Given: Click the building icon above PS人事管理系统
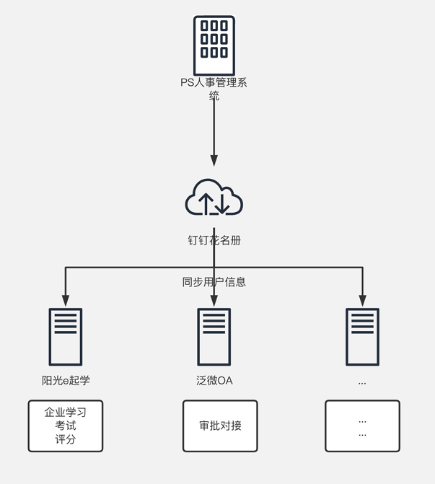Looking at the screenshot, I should pyautogui.click(x=214, y=45).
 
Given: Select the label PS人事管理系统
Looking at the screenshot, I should pyautogui.click(x=214, y=89).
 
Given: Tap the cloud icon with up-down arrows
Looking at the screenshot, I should pyautogui.click(x=214, y=198).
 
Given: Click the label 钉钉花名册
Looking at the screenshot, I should pyautogui.click(x=214, y=240).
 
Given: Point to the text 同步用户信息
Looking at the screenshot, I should pyautogui.click(x=214, y=282).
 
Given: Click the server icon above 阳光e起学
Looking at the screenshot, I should pyautogui.click(x=66, y=337).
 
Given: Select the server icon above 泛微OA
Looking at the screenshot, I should pyautogui.click(x=214, y=337).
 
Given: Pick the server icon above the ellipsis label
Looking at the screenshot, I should pyautogui.click(x=362, y=337).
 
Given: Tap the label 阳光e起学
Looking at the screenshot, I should pyautogui.click(x=66, y=380).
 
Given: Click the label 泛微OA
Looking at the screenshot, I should pyautogui.click(x=214, y=380).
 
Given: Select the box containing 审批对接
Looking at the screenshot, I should pyautogui.click(x=220, y=426).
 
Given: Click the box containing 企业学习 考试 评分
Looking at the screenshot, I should pyautogui.click(x=66, y=426).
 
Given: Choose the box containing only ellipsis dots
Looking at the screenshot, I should pyautogui.click(x=362, y=426).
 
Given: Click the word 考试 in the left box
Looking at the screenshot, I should pyautogui.click(x=66, y=426).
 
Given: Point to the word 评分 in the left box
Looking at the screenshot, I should pyautogui.click(x=66, y=439).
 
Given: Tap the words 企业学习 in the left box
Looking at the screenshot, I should pyautogui.click(x=66, y=413).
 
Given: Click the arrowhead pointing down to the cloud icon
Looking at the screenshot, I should pyautogui.click(x=214, y=160).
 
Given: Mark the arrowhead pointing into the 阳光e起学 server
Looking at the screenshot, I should pyautogui.click(x=66, y=301).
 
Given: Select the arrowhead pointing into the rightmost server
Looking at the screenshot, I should pyautogui.click(x=362, y=301).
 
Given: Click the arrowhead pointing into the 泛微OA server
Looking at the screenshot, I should pyautogui.click(x=214, y=301).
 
